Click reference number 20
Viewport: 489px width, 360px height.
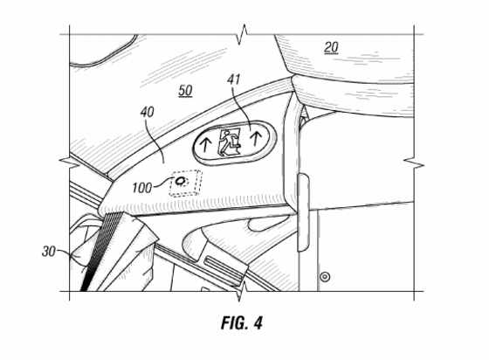[331, 47]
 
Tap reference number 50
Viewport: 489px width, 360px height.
[185, 91]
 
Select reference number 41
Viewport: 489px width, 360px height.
[234, 80]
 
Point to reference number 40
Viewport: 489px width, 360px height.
[148, 112]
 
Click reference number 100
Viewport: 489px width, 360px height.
[141, 188]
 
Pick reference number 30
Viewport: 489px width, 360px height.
[49, 252]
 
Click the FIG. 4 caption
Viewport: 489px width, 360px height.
[242, 323]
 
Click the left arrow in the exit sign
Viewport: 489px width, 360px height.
[205, 146]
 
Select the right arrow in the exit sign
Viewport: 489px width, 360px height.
[257, 139]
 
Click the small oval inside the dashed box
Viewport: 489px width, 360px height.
[180, 181]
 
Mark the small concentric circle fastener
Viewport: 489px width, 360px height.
[325, 276]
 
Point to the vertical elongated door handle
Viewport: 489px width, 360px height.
[303, 212]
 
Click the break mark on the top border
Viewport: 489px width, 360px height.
[243, 34]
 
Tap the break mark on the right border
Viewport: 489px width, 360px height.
[414, 163]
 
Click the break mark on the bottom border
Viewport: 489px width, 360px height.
[242, 291]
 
